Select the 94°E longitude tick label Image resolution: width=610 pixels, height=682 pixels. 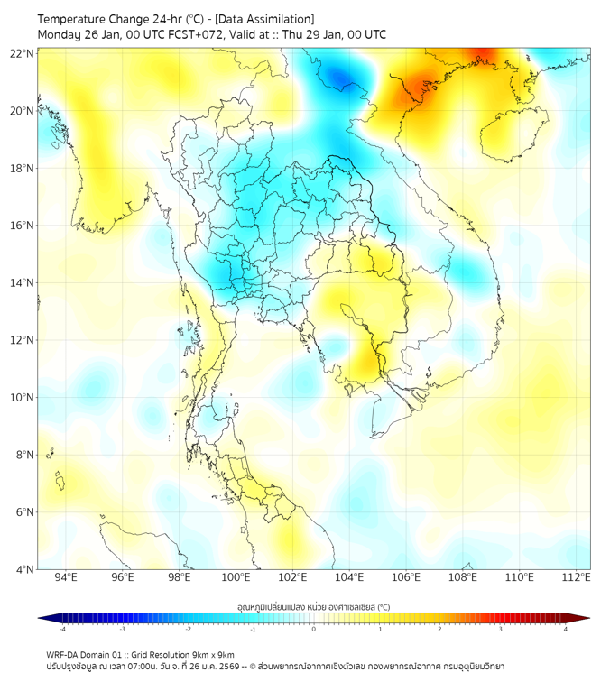[x=66, y=577]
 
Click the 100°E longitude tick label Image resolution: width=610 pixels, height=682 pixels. [x=236, y=577]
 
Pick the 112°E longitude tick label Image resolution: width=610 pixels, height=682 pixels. [x=577, y=577]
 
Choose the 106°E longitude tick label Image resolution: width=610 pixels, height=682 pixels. [x=407, y=577]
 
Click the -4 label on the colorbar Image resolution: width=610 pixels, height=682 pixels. [x=62, y=629]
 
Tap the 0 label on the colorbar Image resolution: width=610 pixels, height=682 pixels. [x=314, y=629]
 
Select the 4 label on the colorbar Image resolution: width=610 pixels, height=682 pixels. [x=566, y=629]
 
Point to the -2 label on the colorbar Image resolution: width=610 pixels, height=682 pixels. [x=188, y=629]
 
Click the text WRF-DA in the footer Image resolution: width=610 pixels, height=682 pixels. [x=64, y=654]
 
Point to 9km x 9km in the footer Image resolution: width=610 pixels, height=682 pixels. [x=214, y=654]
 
